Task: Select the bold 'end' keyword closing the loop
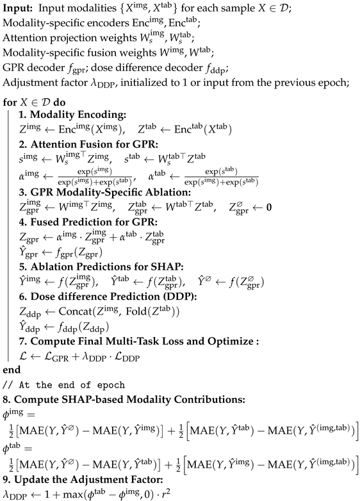12,370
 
